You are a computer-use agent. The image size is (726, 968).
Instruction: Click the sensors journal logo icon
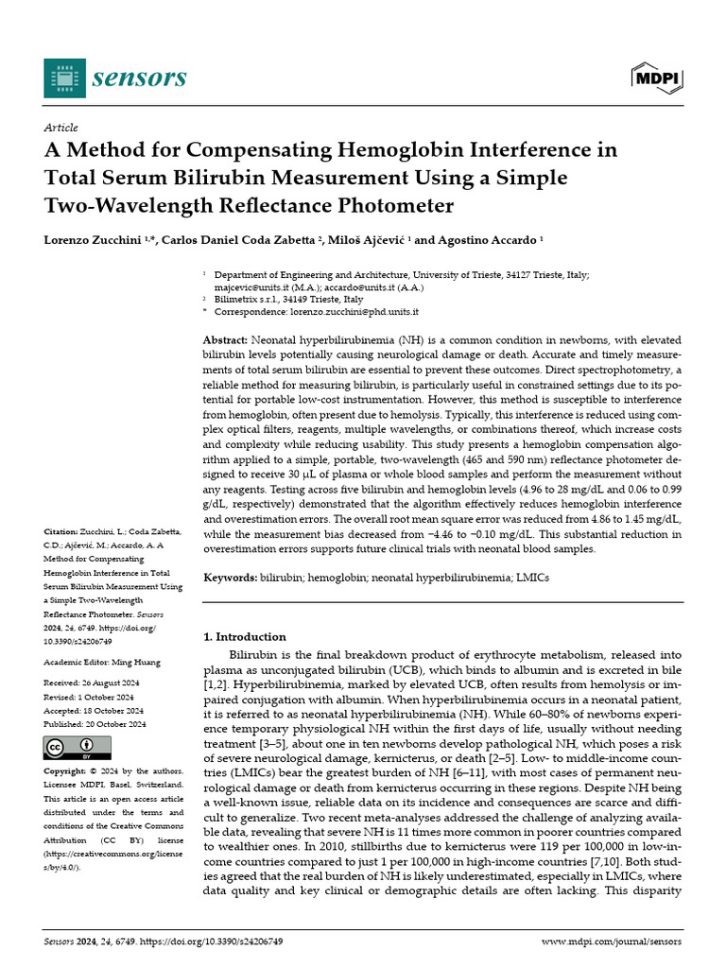pyautogui.click(x=63, y=77)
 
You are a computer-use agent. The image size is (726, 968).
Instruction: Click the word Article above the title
pyautogui.click(x=60, y=128)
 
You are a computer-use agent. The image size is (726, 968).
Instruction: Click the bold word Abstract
pyautogui.click(x=226, y=339)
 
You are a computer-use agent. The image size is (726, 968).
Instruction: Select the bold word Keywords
pyautogui.click(x=231, y=576)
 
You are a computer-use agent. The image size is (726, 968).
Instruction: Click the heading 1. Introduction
pyautogui.click(x=245, y=636)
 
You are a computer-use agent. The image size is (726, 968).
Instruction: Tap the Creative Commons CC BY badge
pyautogui.click(x=71, y=748)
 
